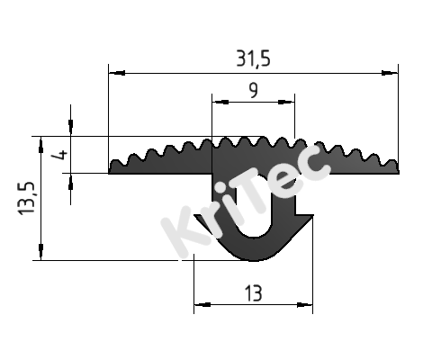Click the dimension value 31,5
coord(253,58)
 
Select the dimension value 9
coord(253,89)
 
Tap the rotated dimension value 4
coord(61,155)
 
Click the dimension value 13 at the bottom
coord(253,292)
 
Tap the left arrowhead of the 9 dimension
coord(216,102)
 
